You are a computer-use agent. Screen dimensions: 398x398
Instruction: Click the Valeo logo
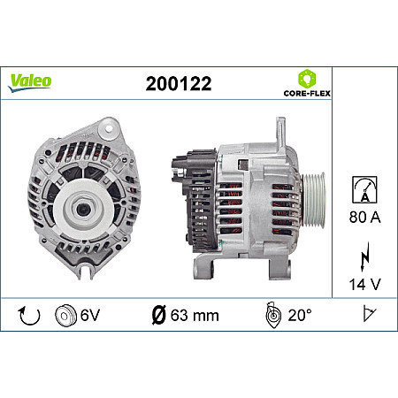click(30, 80)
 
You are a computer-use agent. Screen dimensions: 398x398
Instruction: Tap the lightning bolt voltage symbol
click(364, 259)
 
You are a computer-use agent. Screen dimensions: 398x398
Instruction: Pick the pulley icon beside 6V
click(65, 316)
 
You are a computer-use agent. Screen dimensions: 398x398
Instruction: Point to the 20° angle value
click(299, 316)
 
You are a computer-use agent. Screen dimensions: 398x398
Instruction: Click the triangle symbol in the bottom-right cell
click(365, 316)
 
